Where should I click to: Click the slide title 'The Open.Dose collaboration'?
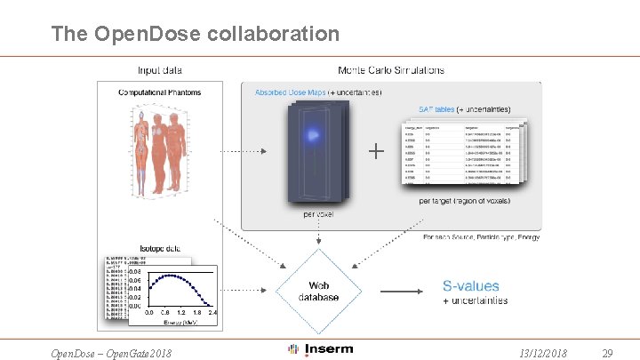click(x=196, y=34)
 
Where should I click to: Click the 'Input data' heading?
click(x=161, y=70)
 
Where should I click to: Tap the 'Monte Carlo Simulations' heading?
click(x=391, y=70)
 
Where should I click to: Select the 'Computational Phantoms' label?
click(x=160, y=92)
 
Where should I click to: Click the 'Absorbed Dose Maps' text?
click(x=290, y=92)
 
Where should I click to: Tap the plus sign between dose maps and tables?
click(x=376, y=152)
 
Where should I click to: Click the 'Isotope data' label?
click(x=160, y=250)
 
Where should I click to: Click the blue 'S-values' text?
click(x=471, y=286)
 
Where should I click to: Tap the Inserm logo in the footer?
click(x=320, y=349)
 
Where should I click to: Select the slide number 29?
click(x=608, y=353)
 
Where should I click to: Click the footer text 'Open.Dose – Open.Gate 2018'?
click(x=112, y=354)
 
